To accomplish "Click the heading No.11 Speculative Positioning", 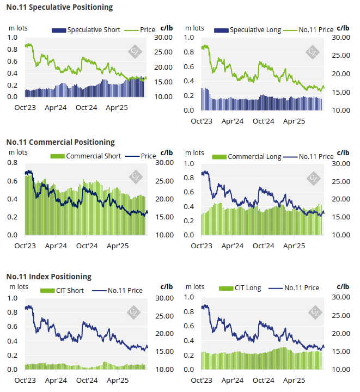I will click(60, 7).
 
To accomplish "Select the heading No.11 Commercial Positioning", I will click(60, 142).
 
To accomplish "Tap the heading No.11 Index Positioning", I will click(49, 277).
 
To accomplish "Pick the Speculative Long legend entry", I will click(248, 29).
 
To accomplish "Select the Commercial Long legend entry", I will click(247, 156).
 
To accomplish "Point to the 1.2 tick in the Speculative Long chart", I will click(190, 37).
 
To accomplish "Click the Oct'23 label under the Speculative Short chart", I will click(25, 107).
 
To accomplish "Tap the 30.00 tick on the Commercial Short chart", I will click(164, 163).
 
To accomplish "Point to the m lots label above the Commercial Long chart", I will click(195, 152).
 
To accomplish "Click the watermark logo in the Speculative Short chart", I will click(134, 51).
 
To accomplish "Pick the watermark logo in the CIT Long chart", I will click(314, 312).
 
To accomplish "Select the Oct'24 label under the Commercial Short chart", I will click(86, 246).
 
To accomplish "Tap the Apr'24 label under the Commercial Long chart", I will click(233, 246).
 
